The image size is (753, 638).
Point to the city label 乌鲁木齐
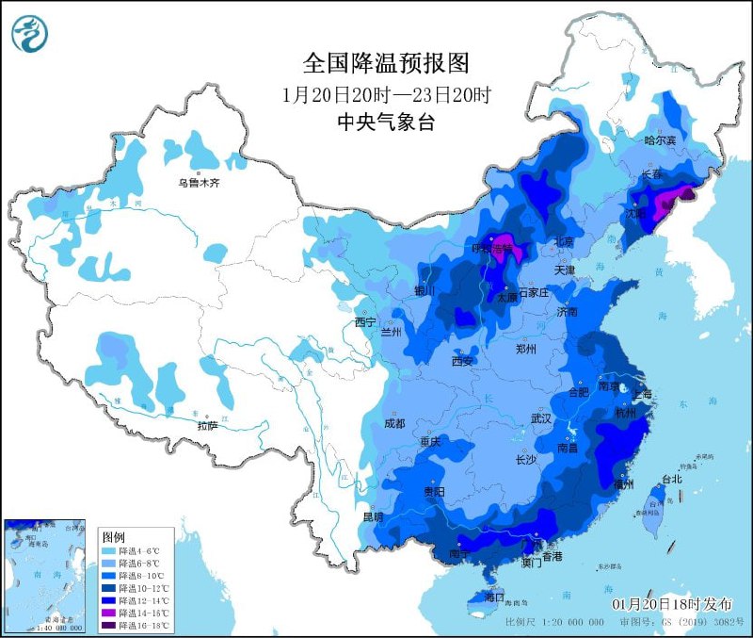[x=200, y=183]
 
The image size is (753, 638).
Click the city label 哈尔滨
[x=661, y=140]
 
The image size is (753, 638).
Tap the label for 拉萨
[x=207, y=426]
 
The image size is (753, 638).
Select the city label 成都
[x=395, y=424]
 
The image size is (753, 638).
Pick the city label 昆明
[x=373, y=516]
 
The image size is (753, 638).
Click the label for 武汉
[x=540, y=417]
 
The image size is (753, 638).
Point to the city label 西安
[x=461, y=361]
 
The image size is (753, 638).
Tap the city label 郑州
[x=526, y=349]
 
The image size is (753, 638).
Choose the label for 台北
[x=671, y=480]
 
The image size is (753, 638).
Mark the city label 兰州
[x=391, y=333]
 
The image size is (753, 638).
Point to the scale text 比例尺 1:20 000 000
[x=554, y=623]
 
